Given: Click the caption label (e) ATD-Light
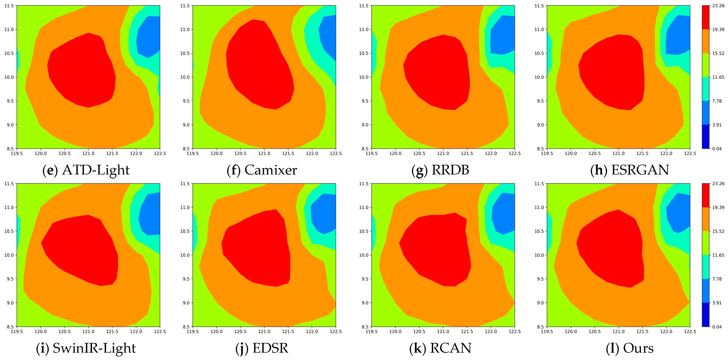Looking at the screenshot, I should click(86, 170).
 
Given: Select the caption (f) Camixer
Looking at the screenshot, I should click(262, 170).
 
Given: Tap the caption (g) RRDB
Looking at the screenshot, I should click(440, 170).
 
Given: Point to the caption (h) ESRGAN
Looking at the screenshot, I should click(630, 170).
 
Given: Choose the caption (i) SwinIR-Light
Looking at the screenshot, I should click(86, 348).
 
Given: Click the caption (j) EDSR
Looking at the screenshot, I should click(262, 348).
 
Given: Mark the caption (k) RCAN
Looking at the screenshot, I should click(440, 348).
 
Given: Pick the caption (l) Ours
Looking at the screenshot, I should click(630, 348).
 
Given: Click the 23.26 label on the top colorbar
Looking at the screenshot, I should click(718, 6).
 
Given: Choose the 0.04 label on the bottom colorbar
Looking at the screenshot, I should click(717, 327).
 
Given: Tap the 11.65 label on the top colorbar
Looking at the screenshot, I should click(718, 77).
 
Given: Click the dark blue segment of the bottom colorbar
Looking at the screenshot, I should click(706, 314).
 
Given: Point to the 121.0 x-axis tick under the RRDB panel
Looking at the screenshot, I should click(443, 153).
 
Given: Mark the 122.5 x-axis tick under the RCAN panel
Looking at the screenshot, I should click(514, 332).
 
